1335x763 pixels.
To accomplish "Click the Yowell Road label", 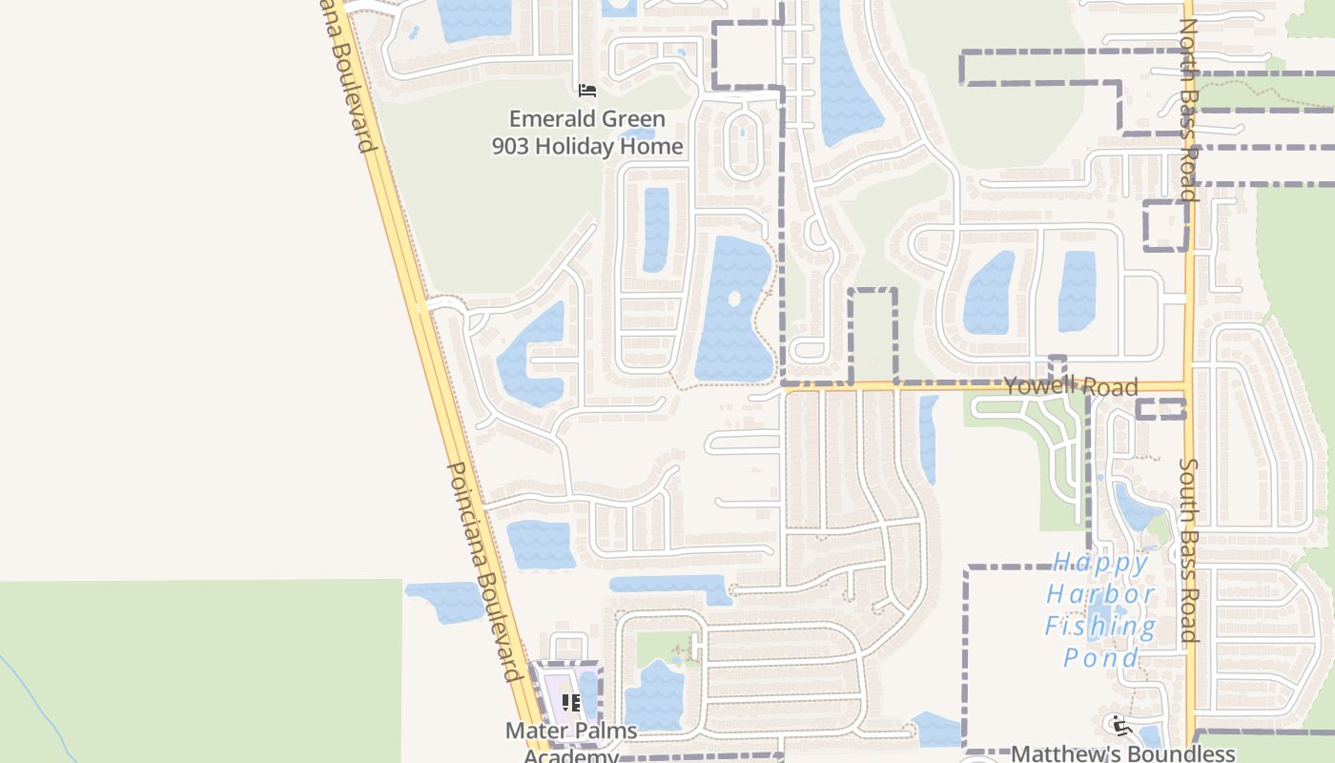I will (x=1071, y=385).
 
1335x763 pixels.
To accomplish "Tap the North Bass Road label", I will (x=1187, y=110).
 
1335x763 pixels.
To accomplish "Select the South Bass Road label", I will (x=1188, y=550).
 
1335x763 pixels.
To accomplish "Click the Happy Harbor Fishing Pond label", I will (x=1100, y=609).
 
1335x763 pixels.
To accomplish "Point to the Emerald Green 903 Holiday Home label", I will (x=587, y=133).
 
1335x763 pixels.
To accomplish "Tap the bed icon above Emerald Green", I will (x=587, y=91).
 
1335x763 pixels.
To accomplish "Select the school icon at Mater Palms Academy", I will (x=571, y=704).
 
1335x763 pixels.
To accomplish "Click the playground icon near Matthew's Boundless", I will (x=1117, y=724).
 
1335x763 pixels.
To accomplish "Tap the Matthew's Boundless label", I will (x=1122, y=753).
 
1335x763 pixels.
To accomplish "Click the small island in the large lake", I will (x=733, y=299).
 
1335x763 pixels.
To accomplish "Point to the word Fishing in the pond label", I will (x=1100, y=627).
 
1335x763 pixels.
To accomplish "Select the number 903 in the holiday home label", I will (x=511, y=146).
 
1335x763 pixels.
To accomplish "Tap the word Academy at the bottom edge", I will (x=571, y=756).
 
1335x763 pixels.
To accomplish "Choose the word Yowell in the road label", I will (x=1038, y=384).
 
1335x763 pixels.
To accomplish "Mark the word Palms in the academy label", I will (x=604, y=732).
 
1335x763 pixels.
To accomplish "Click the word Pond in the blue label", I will (x=1100, y=658).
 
